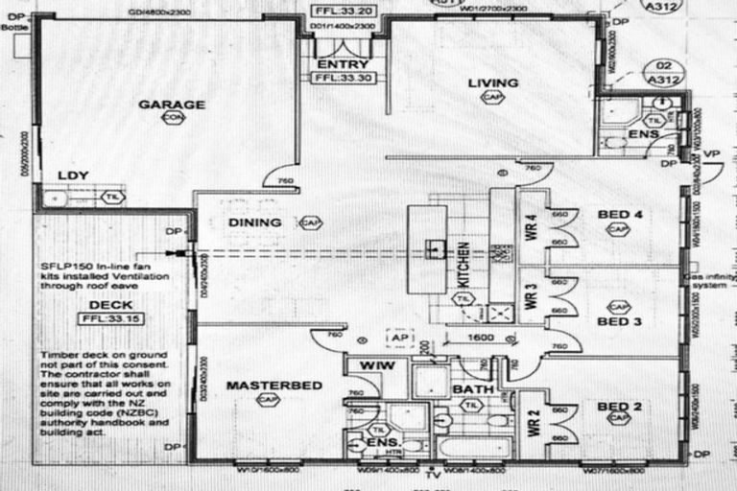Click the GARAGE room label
[172, 104]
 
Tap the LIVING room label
[492, 83]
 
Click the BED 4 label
[619, 214]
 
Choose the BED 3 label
[619, 321]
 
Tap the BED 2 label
[619, 407]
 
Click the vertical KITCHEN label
[464, 268]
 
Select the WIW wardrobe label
[365, 366]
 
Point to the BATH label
[472, 388]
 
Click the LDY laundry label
[73, 175]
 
